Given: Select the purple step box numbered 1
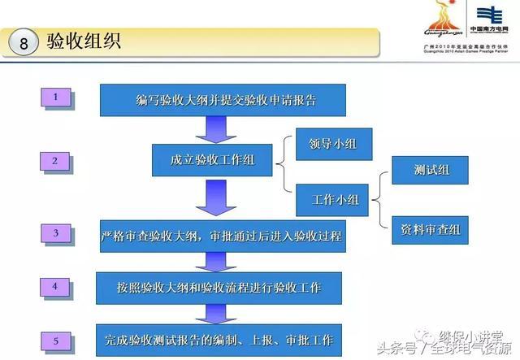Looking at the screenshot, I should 56,98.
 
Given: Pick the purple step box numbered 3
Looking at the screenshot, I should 56,234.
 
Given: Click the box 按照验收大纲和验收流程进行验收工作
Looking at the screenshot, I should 219,287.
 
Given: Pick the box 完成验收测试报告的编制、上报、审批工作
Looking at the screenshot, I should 219,336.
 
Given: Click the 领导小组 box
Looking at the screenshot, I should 334,144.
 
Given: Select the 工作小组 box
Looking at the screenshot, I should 334,198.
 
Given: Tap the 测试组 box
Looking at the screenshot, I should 430,171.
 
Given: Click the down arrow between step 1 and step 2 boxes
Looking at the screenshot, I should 216,129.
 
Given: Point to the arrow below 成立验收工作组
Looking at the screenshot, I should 214,198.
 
